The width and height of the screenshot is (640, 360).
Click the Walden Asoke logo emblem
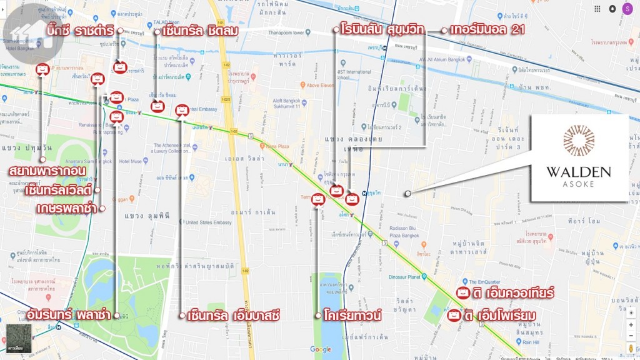(578, 141)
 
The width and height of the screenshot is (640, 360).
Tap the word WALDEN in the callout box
(578, 172)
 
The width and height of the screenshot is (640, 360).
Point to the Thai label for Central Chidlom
(200, 31)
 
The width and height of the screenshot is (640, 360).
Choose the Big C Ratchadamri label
(82, 31)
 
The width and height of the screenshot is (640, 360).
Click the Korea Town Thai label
(352, 316)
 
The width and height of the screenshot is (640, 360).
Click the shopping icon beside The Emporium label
(454, 316)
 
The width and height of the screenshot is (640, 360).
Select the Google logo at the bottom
(320, 349)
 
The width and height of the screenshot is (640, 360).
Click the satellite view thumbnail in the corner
(16, 338)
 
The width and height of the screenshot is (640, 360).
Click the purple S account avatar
(627, 9)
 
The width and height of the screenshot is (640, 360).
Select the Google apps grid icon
(597, 9)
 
